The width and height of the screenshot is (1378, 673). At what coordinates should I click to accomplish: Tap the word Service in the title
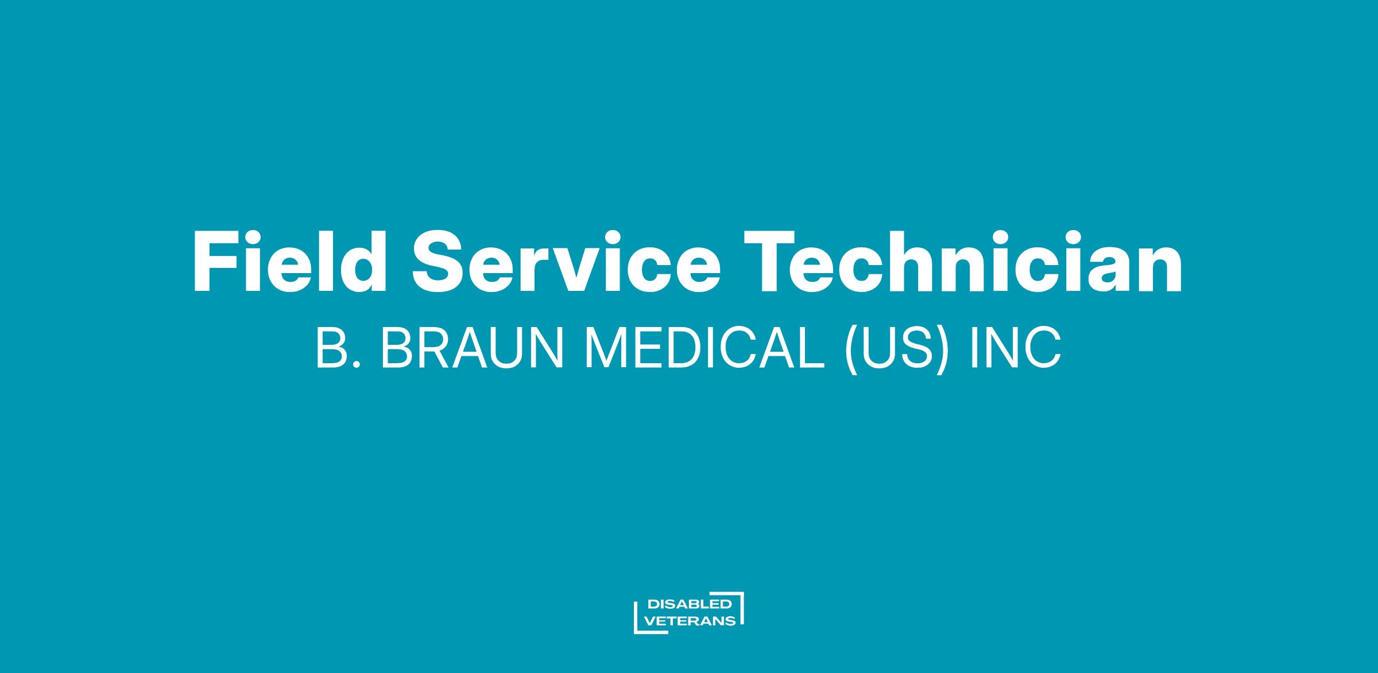pos(566,262)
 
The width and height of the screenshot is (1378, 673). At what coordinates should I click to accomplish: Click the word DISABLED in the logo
pos(690,604)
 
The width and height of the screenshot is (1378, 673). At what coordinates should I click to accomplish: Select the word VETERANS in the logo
pos(691,621)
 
